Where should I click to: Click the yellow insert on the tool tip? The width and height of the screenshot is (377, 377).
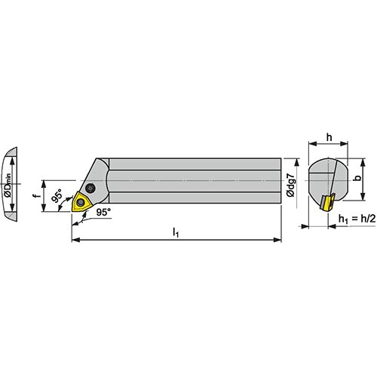[81, 201]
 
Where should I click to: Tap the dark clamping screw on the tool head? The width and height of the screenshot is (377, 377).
[90, 188]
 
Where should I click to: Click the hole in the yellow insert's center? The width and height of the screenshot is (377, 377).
[81, 202]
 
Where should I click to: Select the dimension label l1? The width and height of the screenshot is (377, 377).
[176, 232]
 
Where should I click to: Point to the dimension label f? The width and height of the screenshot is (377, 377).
[37, 195]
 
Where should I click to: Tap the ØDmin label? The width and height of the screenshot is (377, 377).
[8, 185]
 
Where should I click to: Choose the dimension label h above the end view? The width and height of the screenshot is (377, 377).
[329, 137]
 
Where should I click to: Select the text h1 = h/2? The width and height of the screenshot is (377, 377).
[357, 219]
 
